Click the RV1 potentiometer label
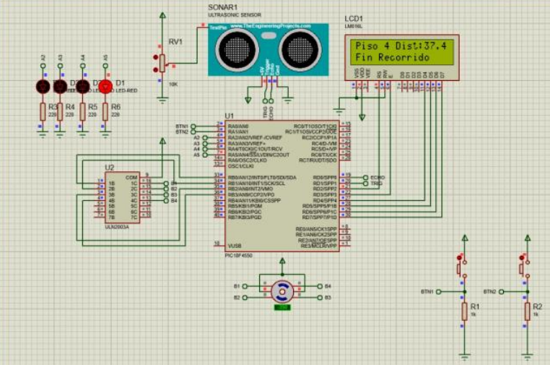tap(175, 41)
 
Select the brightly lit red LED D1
tap(105, 87)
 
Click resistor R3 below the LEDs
tap(43, 111)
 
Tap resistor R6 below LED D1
tap(105, 111)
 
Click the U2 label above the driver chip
tap(109, 168)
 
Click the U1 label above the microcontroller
tap(230, 116)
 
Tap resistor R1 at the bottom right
tap(464, 311)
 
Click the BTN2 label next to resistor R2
tap(489, 291)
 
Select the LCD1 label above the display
tap(354, 18)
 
